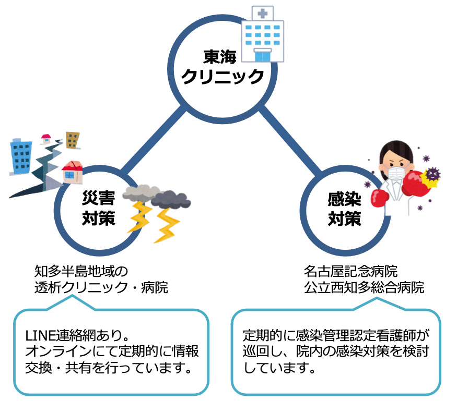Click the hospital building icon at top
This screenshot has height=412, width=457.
click(x=263, y=34)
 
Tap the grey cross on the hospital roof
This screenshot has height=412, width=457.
click(x=263, y=14)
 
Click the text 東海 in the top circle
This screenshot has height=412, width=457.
click(x=220, y=56)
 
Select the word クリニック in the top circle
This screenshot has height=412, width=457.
click(x=222, y=77)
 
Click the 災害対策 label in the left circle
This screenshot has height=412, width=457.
click(x=99, y=208)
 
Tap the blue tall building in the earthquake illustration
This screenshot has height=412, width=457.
click(x=21, y=156)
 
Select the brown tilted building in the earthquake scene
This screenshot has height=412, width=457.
click(x=73, y=140)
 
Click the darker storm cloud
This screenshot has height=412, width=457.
click(x=171, y=199)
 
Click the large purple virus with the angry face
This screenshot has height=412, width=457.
click(x=432, y=175)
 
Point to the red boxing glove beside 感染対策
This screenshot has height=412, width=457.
click(x=380, y=198)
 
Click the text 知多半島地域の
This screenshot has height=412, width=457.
click(x=81, y=271)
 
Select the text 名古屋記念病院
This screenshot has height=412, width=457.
click(x=350, y=271)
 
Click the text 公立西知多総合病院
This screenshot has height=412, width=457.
click(x=364, y=287)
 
